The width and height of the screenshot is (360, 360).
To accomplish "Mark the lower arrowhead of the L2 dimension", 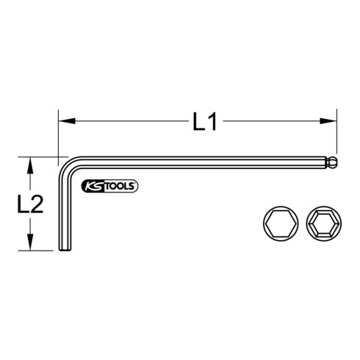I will pos(29,245).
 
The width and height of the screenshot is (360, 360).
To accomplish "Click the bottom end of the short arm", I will pos(62,249).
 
